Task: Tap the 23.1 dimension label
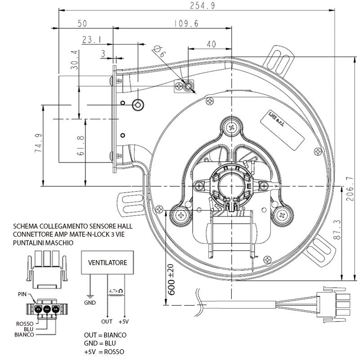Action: pyautogui.click(x=91, y=40)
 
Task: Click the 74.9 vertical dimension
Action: pyautogui.click(x=38, y=143)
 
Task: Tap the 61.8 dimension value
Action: pyautogui.click(x=81, y=146)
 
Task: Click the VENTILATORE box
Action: pyautogui.click(x=108, y=262)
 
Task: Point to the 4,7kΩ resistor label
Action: pyautogui.click(x=116, y=292)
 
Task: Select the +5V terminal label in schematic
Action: pyautogui.click(x=123, y=322)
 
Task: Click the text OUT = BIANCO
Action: pyautogui.click(x=105, y=335)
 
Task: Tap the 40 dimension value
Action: pyautogui.click(x=211, y=44)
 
